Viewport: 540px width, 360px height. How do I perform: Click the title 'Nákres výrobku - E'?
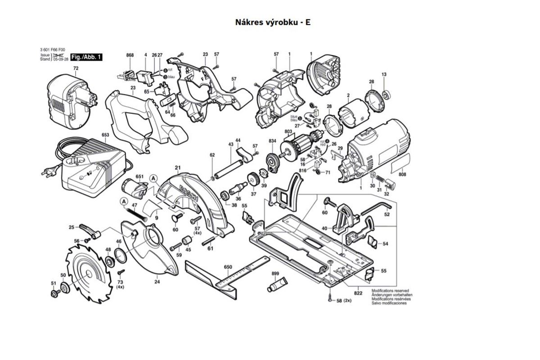pyautogui.click(x=273, y=22)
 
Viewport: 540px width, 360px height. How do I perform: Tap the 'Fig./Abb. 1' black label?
pyautogui.click(x=86, y=57)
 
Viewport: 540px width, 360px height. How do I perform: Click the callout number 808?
pyautogui.click(x=402, y=175)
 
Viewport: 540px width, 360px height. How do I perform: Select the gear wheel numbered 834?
pyautogui.click(x=273, y=161)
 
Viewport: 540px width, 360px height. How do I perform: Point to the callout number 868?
pyautogui.click(x=130, y=55)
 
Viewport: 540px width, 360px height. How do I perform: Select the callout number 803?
pyautogui.click(x=288, y=131)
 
